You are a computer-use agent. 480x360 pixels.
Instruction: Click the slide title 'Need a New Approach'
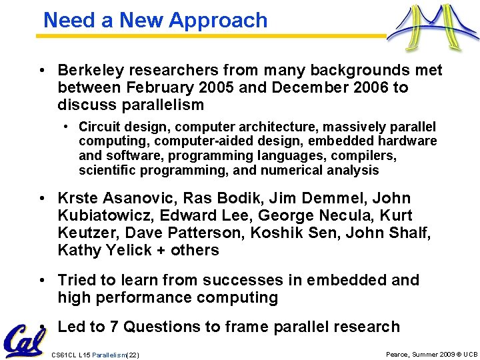(155, 20)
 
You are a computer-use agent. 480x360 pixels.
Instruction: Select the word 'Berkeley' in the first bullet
(87, 70)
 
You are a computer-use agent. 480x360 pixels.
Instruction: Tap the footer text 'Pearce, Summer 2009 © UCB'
(432, 355)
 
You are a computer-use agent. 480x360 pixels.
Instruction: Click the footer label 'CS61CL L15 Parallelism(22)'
(95, 355)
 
